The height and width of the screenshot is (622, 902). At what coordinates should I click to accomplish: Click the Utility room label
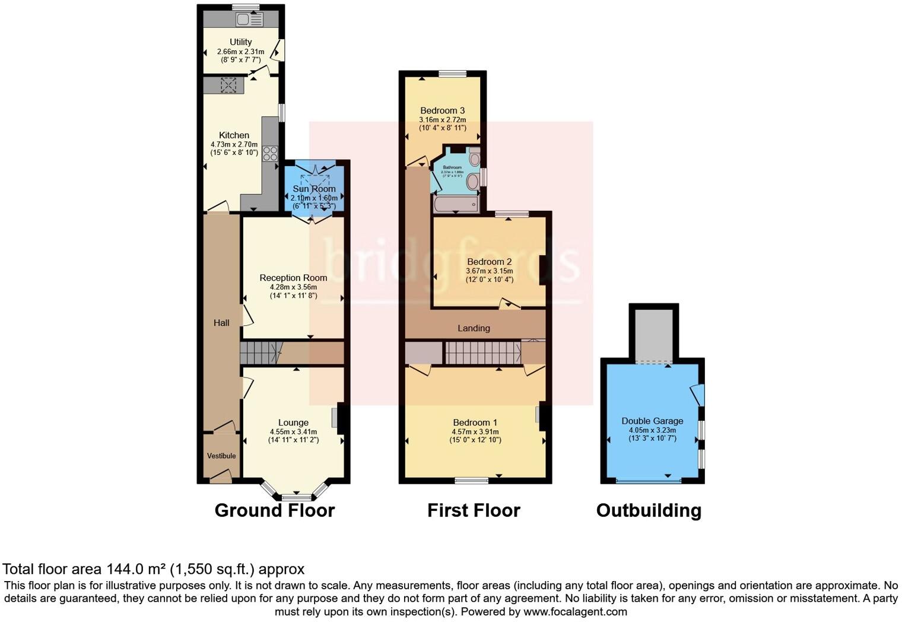pyautogui.click(x=240, y=42)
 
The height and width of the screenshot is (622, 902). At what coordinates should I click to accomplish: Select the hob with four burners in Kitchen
pyautogui.click(x=270, y=153)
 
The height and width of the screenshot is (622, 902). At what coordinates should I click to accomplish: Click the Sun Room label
pyautogui.click(x=314, y=189)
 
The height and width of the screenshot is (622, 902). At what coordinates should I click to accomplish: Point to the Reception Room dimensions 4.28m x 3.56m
pyautogui.click(x=293, y=287)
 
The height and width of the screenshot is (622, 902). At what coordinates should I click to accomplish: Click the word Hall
pyautogui.click(x=221, y=323)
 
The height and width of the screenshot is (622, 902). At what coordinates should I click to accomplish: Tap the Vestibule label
pyautogui.click(x=221, y=456)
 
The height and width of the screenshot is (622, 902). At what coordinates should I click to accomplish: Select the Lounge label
pyautogui.click(x=293, y=423)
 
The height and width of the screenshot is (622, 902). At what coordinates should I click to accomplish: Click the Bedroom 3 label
pyautogui.click(x=442, y=110)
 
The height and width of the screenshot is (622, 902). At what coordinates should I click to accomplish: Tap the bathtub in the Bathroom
pyautogui.click(x=455, y=205)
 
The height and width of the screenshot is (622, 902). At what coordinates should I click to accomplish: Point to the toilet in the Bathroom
pyautogui.click(x=475, y=158)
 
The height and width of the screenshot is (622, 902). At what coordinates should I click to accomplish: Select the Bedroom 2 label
pyautogui.click(x=489, y=262)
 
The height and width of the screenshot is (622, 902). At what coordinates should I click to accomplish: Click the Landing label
pyautogui.click(x=474, y=328)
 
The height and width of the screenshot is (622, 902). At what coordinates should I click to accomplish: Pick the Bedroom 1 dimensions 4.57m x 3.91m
pyautogui.click(x=475, y=431)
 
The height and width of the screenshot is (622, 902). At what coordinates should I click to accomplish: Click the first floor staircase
pyautogui.click(x=482, y=353)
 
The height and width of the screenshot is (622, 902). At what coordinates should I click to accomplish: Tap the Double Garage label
pyautogui.click(x=652, y=421)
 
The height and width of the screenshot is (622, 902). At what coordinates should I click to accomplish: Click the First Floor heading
pyautogui.click(x=474, y=510)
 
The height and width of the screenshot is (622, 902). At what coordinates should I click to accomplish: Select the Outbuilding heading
pyautogui.click(x=649, y=510)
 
